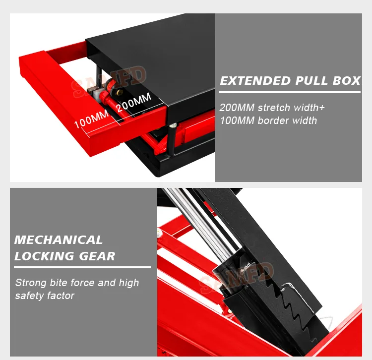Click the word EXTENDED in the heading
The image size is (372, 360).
tap(255, 81)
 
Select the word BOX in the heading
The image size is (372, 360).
tap(347, 81)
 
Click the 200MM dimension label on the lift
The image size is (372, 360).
tap(134, 102)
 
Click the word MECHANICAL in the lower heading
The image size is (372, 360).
tap(59, 240)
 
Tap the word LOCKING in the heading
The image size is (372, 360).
tap(44, 256)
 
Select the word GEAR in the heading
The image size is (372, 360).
tap(97, 256)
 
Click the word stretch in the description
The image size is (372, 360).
tap(273, 108)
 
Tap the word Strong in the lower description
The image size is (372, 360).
tap(31, 283)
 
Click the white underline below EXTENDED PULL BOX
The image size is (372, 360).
tap(290, 92)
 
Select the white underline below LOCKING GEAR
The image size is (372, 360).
tap(82, 267)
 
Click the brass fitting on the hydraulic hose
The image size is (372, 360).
tap(120, 92)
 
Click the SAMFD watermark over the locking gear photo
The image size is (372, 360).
tap(237, 278)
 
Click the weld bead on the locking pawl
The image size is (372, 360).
tap(288, 288)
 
